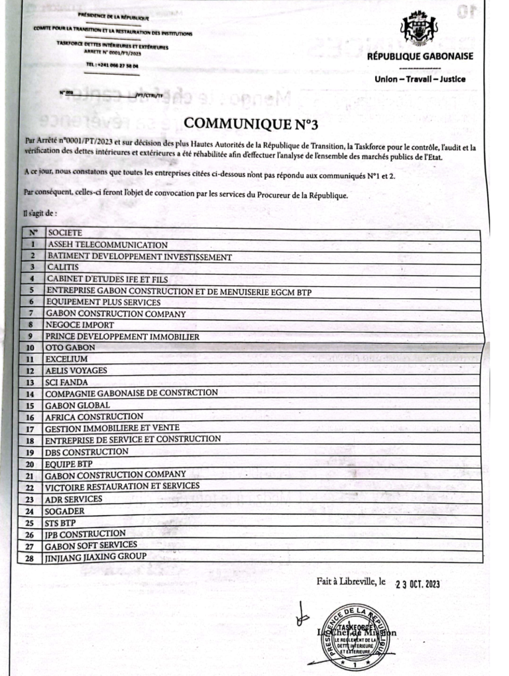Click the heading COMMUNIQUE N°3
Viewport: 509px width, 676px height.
[246, 123]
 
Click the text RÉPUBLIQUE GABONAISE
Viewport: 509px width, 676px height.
[420, 56]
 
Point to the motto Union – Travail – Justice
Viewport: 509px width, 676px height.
[420, 80]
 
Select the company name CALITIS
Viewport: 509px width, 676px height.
[62, 267]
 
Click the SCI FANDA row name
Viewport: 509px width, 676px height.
[66, 382]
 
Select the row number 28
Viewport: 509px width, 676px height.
[30, 558]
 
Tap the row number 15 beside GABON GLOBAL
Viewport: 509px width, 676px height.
[30, 406]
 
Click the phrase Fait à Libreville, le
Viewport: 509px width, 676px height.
[351, 581]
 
